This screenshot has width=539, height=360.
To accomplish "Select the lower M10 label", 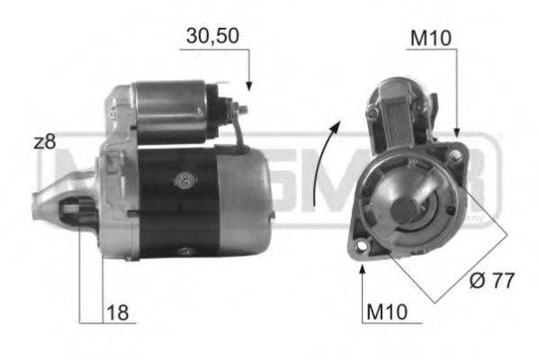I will (x=387, y=312).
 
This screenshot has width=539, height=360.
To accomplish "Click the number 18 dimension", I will (x=117, y=312).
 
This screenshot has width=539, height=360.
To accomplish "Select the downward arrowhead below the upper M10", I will (x=457, y=134).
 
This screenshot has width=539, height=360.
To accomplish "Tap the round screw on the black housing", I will (x=185, y=180).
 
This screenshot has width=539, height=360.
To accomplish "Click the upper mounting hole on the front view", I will (x=456, y=157).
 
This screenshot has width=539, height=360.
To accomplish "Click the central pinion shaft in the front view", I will (x=404, y=209).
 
